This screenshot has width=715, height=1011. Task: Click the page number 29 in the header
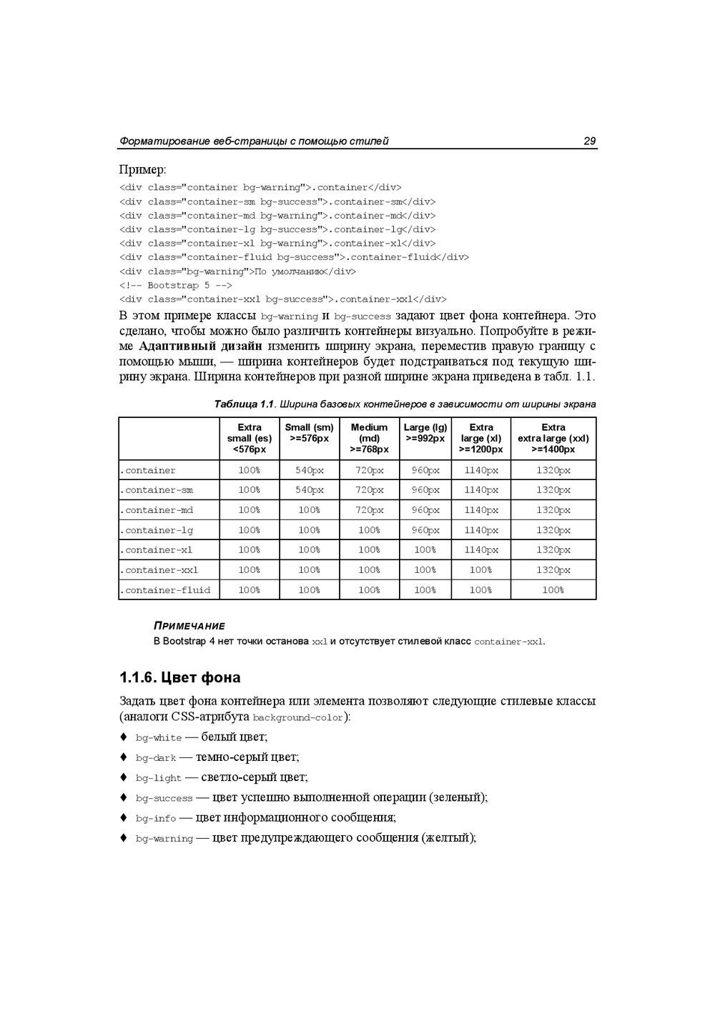click(x=589, y=141)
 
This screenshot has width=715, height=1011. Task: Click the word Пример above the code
click(x=141, y=170)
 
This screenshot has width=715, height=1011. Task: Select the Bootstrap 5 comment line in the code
click(x=176, y=285)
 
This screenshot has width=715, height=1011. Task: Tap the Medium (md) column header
click(x=369, y=438)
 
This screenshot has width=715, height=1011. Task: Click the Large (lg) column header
click(x=425, y=432)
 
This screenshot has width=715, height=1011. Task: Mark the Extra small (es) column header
click(x=249, y=438)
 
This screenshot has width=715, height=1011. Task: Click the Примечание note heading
click(x=189, y=626)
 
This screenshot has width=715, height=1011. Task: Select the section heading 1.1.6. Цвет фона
click(x=179, y=677)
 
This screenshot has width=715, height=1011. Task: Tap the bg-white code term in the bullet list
click(x=159, y=738)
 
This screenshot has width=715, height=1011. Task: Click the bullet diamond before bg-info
click(x=123, y=817)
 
